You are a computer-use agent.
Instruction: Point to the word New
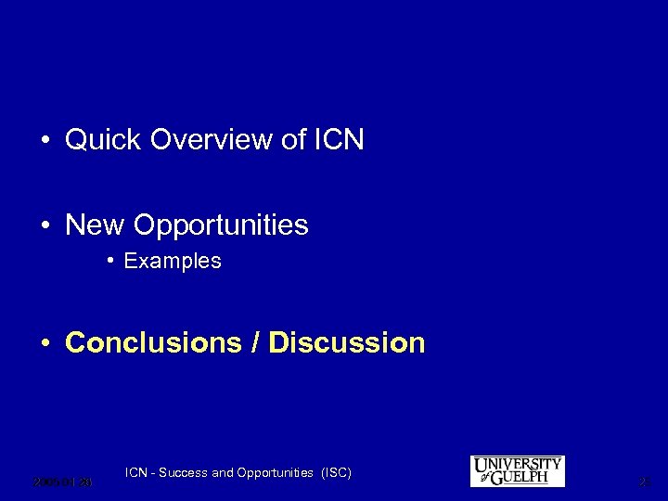coord(96,225)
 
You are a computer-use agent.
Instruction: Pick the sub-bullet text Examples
coord(173,262)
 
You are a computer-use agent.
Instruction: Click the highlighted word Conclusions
coord(153,342)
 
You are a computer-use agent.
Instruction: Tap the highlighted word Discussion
coord(347,342)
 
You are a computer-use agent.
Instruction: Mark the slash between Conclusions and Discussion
coord(255,342)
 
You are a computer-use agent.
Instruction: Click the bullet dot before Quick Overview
coord(45,141)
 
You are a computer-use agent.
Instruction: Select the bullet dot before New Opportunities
coord(45,225)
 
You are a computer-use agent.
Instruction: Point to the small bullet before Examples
coord(110,262)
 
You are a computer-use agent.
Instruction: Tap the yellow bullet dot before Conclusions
coord(45,342)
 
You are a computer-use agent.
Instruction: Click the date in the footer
coord(62,482)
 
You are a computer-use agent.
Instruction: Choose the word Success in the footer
coord(185,473)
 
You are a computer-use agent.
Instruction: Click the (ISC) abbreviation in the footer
coord(335,473)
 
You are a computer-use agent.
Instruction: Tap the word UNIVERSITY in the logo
coord(518,464)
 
